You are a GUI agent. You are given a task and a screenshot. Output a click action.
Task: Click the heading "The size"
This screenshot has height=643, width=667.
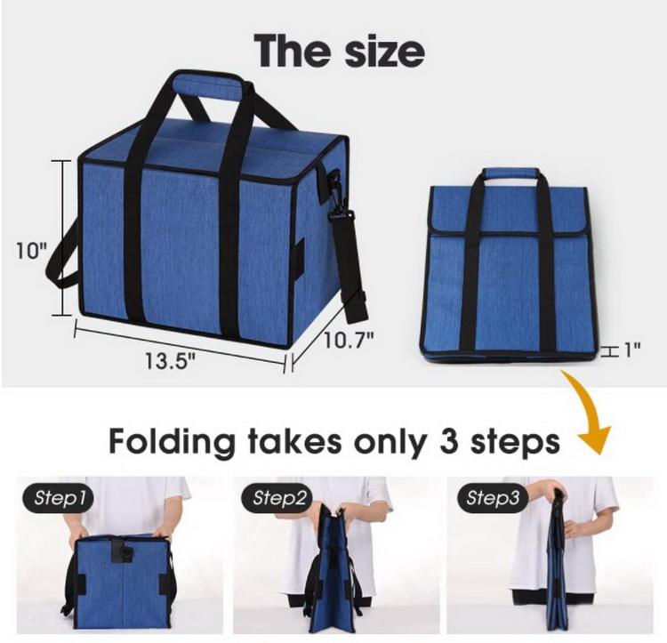[339, 51]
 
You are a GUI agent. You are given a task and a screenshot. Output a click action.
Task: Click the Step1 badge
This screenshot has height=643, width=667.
[58, 497]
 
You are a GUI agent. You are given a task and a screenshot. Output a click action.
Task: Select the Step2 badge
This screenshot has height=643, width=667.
[277, 497]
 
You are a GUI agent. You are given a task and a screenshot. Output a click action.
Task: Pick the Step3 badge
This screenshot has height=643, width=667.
[493, 497]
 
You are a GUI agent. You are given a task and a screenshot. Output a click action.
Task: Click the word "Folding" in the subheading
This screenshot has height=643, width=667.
[173, 443]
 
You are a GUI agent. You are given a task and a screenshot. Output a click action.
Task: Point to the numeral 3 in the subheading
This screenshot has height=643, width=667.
[449, 441]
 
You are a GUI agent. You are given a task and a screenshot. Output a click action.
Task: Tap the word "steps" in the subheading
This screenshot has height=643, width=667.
[515, 444]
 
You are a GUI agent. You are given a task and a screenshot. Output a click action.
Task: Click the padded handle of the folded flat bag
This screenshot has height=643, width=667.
[510, 173]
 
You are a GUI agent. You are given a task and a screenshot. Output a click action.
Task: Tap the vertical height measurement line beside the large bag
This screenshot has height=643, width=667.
[63, 238]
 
